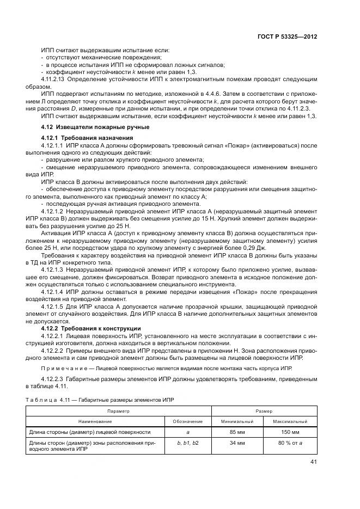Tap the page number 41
point(313,462)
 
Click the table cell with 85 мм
point(237,432)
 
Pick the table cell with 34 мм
point(237,443)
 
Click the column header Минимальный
point(237,421)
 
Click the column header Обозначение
point(187,421)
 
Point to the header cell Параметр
point(118,411)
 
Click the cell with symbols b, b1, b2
point(187,443)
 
